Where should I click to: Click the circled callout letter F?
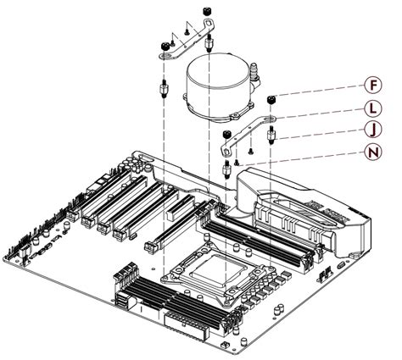click(x=371, y=85)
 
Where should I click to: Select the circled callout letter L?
click(x=371, y=110)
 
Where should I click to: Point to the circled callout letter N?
click(x=371, y=154)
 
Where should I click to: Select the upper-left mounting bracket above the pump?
click(x=187, y=42)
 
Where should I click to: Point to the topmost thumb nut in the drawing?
click(x=206, y=10)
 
